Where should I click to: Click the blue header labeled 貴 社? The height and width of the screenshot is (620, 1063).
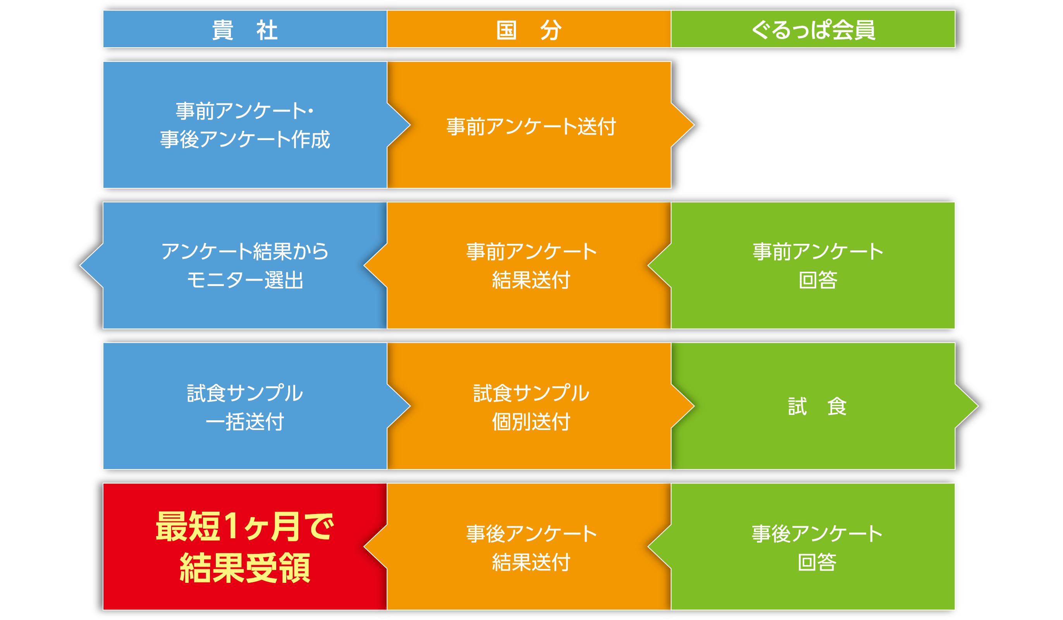pos(245,29)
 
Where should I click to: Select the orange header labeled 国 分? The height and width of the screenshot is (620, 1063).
pos(529,29)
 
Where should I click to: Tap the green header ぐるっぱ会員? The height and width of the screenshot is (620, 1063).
pos(813,29)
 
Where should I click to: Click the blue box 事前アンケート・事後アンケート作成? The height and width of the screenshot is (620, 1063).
pos(245,125)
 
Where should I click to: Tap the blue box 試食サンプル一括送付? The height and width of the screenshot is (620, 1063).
pos(245,406)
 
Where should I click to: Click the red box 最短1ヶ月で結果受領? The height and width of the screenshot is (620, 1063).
pos(245,547)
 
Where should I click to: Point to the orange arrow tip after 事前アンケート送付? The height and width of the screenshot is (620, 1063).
pos(694,125)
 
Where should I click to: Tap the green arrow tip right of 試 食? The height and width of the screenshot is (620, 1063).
pos(978,406)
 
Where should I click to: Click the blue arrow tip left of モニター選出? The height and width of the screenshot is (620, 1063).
pos(80,265)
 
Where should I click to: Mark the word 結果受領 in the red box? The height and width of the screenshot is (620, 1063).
pos(245,568)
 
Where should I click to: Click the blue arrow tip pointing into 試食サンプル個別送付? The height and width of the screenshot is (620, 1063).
pos(410,406)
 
